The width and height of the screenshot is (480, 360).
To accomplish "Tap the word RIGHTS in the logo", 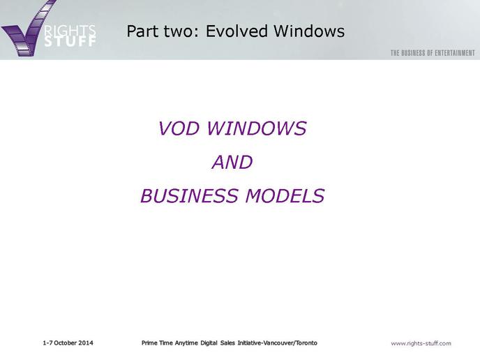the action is pyautogui.click(x=70, y=31).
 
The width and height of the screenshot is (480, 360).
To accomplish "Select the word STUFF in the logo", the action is pyautogui.click(x=70, y=42).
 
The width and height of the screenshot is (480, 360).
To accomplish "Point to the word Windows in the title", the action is pyautogui.click(x=309, y=31).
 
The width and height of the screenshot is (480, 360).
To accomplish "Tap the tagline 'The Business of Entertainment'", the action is pyautogui.click(x=433, y=53).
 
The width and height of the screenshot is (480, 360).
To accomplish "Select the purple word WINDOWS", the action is pyautogui.click(x=257, y=128).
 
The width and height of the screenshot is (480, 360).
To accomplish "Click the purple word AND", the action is pyautogui.click(x=232, y=162).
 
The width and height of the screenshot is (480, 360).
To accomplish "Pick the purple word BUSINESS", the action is pyautogui.click(x=189, y=195).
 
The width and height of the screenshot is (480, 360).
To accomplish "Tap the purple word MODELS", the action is pyautogui.click(x=285, y=195).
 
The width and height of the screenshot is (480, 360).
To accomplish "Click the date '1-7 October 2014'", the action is pyautogui.click(x=68, y=343).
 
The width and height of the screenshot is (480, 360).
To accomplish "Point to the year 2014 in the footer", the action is pyautogui.click(x=85, y=343).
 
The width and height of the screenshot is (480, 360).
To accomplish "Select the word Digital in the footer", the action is pyautogui.click(x=209, y=343).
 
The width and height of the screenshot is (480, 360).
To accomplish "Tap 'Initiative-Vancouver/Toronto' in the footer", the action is pyautogui.click(x=278, y=343).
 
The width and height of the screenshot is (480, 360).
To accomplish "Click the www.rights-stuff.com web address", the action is pyautogui.click(x=421, y=343).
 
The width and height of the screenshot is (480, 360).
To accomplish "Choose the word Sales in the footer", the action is pyautogui.click(x=227, y=343).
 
